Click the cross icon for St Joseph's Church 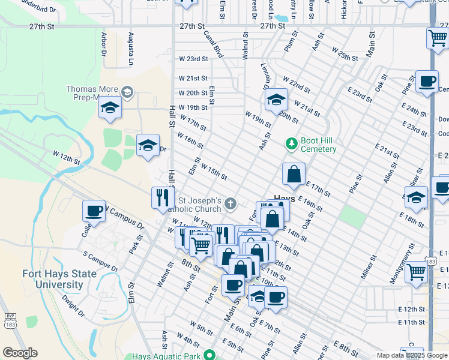230,205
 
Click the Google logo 20,352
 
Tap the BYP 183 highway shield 10,320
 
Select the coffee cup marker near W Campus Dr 94,211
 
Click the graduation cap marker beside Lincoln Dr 276,99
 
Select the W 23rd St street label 193,59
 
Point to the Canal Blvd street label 213,44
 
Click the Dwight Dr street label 73,305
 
